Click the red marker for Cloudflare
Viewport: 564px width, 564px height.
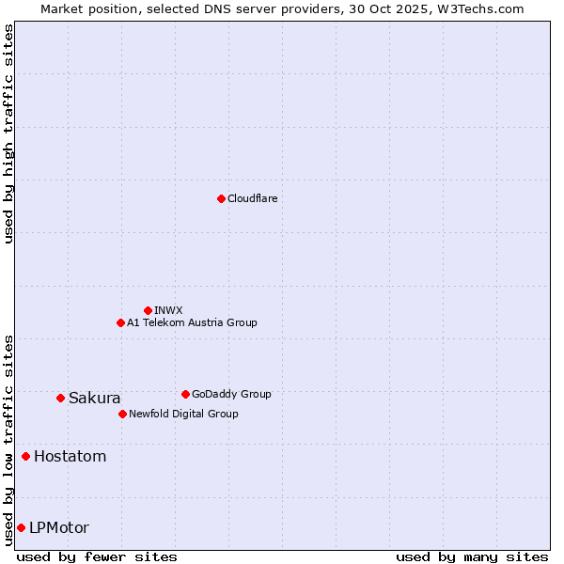(x=221, y=198)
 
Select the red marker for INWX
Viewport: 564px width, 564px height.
(x=148, y=310)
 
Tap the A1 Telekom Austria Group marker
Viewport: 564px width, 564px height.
(x=120, y=322)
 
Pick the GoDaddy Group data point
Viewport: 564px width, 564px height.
(x=185, y=394)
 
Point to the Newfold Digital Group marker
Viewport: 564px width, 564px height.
(x=122, y=414)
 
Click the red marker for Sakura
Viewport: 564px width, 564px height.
(x=60, y=398)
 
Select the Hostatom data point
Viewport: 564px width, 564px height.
(x=25, y=456)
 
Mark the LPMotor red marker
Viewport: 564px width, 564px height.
(x=21, y=527)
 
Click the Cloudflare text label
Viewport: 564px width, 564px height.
(x=252, y=198)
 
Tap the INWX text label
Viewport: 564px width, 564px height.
(x=168, y=310)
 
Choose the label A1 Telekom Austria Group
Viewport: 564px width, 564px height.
(x=192, y=322)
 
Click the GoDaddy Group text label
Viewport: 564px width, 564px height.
(x=231, y=394)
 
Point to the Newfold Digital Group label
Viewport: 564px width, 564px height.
(x=183, y=414)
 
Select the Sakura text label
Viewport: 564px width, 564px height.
(x=94, y=398)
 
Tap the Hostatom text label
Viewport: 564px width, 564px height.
(x=70, y=457)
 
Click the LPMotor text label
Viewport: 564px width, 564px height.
(x=59, y=527)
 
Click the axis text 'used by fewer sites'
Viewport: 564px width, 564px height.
(x=97, y=556)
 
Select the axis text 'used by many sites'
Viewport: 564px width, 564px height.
(x=472, y=556)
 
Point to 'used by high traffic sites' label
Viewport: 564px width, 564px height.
(x=8, y=133)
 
